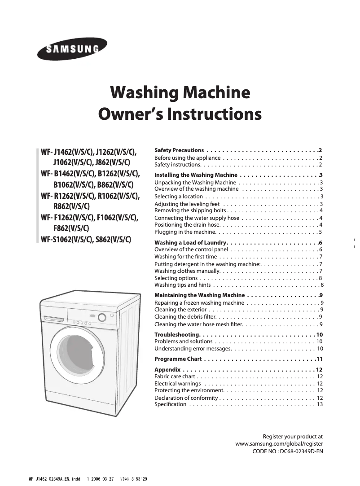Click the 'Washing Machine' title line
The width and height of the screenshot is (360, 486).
click(x=180, y=93)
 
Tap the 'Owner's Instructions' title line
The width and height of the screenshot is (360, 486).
click(x=180, y=114)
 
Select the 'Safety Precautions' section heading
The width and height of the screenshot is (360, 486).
click(x=179, y=150)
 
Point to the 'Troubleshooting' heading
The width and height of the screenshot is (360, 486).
click(x=177, y=335)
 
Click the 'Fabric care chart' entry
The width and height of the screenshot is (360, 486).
click(x=175, y=377)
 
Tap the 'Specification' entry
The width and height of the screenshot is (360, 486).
click(x=170, y=404)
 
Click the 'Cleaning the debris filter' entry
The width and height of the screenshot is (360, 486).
click(x=187, y=317)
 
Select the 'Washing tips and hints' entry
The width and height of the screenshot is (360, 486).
click(x=183, y=285)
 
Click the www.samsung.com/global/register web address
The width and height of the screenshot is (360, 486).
click(x=279, y=443)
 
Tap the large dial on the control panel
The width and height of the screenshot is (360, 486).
click(x=102, y=318)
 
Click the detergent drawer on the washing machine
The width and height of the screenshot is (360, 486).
click(x=54, y=319)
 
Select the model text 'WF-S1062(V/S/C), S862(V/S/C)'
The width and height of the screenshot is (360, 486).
click(x=86, y=239)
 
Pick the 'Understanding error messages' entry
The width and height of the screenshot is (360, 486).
click(x=193, y=349)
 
